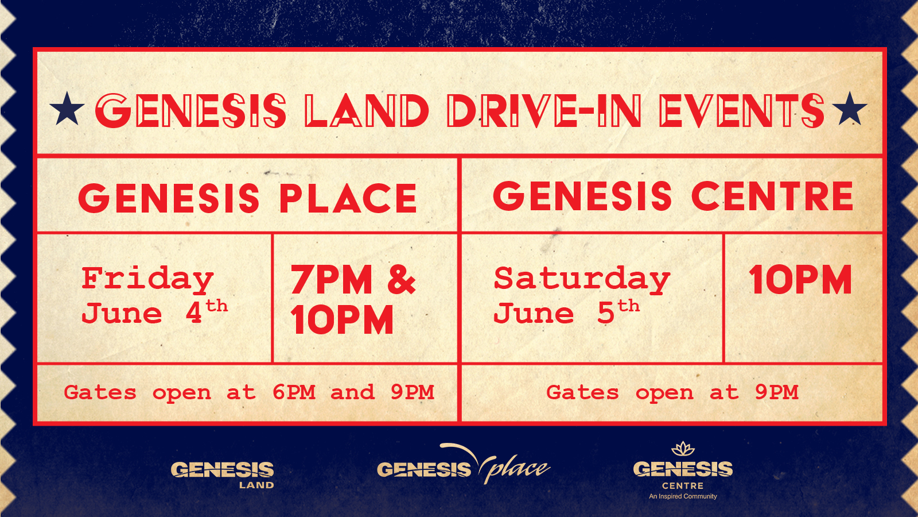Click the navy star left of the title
pyautogui.click(x=67, y=109)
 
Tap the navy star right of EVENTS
pyautogui.click(x=850, y=109)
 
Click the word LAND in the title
pyautogui.click(x=367, y=110)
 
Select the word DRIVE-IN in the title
pyautogui.click(x=544, y=110)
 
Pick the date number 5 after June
pyautogui.click(x=606, y=314)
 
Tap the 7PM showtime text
pyautogui.click(x=332, y=279)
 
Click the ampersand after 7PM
pyautogui.click(x=402, y=279)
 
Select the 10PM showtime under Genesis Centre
pyautogui.click(x=800, y=279)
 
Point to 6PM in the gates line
pyautogui.click(x=294, y=392)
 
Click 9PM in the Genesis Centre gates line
pyautogui.click(x=777, y=392)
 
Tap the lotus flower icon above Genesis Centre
pyautogui.click(x=683, y=449)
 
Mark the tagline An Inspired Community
pyautogui.click(x=683, y=496)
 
